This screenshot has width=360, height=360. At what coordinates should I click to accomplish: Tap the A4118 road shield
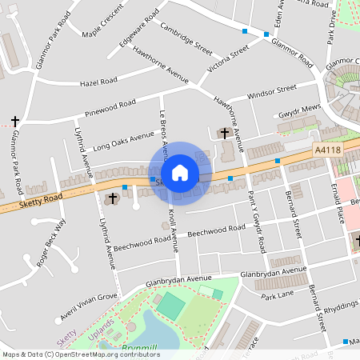327,149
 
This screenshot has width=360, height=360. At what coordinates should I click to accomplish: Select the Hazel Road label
98,82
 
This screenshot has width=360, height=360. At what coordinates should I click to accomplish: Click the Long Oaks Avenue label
122,142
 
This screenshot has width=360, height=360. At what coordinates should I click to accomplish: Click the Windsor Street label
272,93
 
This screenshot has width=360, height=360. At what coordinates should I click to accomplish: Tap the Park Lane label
278,296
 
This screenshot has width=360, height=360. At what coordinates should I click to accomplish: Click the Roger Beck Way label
52,242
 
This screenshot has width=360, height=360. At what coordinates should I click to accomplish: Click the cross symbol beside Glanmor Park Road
14,121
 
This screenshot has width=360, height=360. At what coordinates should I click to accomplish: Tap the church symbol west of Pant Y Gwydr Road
224,133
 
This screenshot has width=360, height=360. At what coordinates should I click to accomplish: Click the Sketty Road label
42,201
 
